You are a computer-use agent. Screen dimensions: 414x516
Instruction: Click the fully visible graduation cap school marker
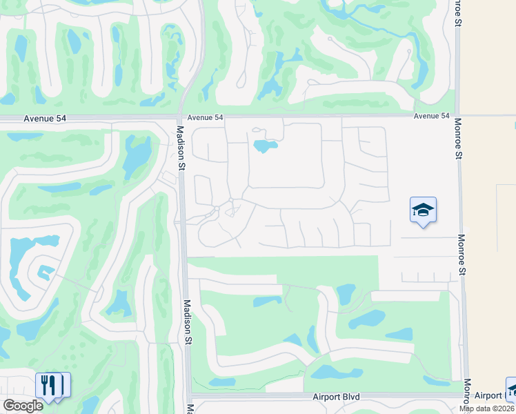[423, 210]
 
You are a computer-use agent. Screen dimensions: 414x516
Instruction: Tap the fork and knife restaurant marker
[48, 385]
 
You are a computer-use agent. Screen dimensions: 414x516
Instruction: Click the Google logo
[23, 406]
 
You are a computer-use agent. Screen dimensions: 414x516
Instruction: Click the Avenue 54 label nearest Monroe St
[432, 116]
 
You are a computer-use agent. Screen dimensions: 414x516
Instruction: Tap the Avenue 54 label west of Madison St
[45, 119]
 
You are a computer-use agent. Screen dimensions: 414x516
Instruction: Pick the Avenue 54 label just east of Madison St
[205, 118]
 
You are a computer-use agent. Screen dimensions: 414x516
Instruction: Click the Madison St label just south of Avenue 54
[181, 148]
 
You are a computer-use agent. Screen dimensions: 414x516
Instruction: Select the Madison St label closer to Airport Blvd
[186, 321]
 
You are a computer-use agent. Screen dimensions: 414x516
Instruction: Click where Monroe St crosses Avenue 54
[457, 115]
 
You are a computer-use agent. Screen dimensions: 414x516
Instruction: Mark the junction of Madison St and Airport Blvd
[188, 397]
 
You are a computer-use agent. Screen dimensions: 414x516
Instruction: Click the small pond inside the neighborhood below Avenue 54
[264, 146]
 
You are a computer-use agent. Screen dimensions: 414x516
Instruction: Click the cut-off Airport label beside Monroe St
[489, 395]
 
